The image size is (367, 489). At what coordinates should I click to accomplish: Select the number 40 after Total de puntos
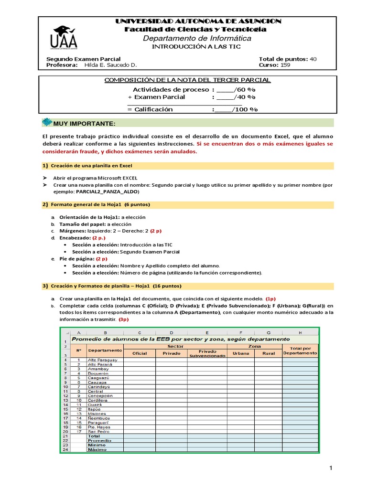pos(313,59)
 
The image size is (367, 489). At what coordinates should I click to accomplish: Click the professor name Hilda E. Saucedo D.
pos(110,65)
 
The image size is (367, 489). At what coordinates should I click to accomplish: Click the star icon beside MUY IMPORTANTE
pos(47,123)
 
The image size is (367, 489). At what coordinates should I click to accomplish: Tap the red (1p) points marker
pos(270,298)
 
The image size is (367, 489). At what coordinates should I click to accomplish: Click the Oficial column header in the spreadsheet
pos(139,353)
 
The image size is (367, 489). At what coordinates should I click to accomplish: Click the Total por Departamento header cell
pos(300,351)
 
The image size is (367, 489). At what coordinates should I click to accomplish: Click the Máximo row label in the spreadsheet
pos(97,449)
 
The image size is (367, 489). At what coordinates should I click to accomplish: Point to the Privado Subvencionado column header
pos(206,353)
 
